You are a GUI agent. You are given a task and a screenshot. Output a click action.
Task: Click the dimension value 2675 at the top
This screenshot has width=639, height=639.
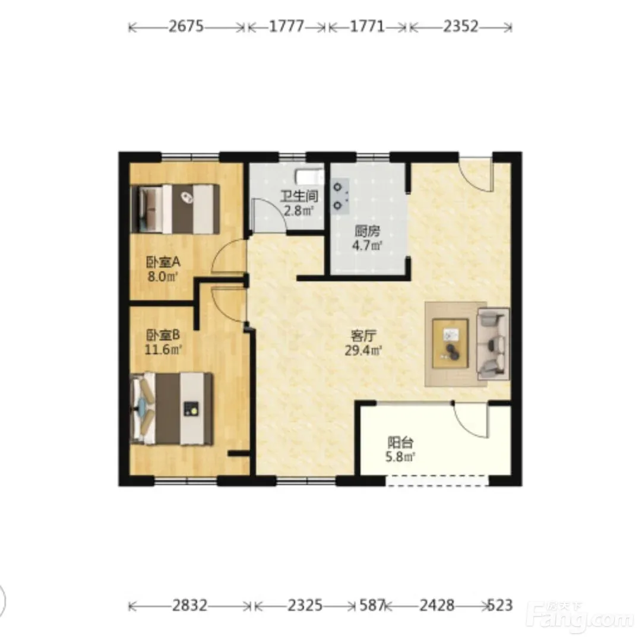click(x=186, y=27)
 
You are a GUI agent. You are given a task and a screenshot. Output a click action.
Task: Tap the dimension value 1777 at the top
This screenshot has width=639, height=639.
click(x=286, y=27)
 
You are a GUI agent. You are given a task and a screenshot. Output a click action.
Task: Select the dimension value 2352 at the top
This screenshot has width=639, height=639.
click(x=460, y=27)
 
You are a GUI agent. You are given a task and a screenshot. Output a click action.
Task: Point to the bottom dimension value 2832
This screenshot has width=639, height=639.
click(x=189, y=606)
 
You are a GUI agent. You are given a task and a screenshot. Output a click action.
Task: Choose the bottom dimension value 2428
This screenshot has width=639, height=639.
click(x=437, y=606)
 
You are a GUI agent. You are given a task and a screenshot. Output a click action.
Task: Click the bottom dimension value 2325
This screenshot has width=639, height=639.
click(x=305, y=606)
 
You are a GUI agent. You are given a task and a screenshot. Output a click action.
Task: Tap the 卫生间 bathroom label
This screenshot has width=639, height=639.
click(x=299, y=197)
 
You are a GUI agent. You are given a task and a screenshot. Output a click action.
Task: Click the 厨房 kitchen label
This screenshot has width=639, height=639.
click(x=367, y=232)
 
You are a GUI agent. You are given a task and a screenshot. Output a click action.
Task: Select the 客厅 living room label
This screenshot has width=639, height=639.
click(x=363, y=336)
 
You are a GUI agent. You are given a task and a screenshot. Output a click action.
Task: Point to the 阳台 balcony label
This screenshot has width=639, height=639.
click(x=401, y=442)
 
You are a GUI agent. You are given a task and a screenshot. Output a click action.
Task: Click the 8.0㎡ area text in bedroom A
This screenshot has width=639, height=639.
click(x=163, y=277)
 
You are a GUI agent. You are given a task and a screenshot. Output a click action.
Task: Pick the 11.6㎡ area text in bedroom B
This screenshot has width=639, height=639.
click(x=163, y=350)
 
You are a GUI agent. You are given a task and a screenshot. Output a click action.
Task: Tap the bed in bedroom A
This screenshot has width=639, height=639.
click(x=175, y=209)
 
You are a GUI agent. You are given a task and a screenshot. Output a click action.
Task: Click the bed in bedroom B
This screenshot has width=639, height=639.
click(x=172, y=409)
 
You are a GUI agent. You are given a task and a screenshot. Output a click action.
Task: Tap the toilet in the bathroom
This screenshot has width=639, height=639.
click(x=310, y=178)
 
